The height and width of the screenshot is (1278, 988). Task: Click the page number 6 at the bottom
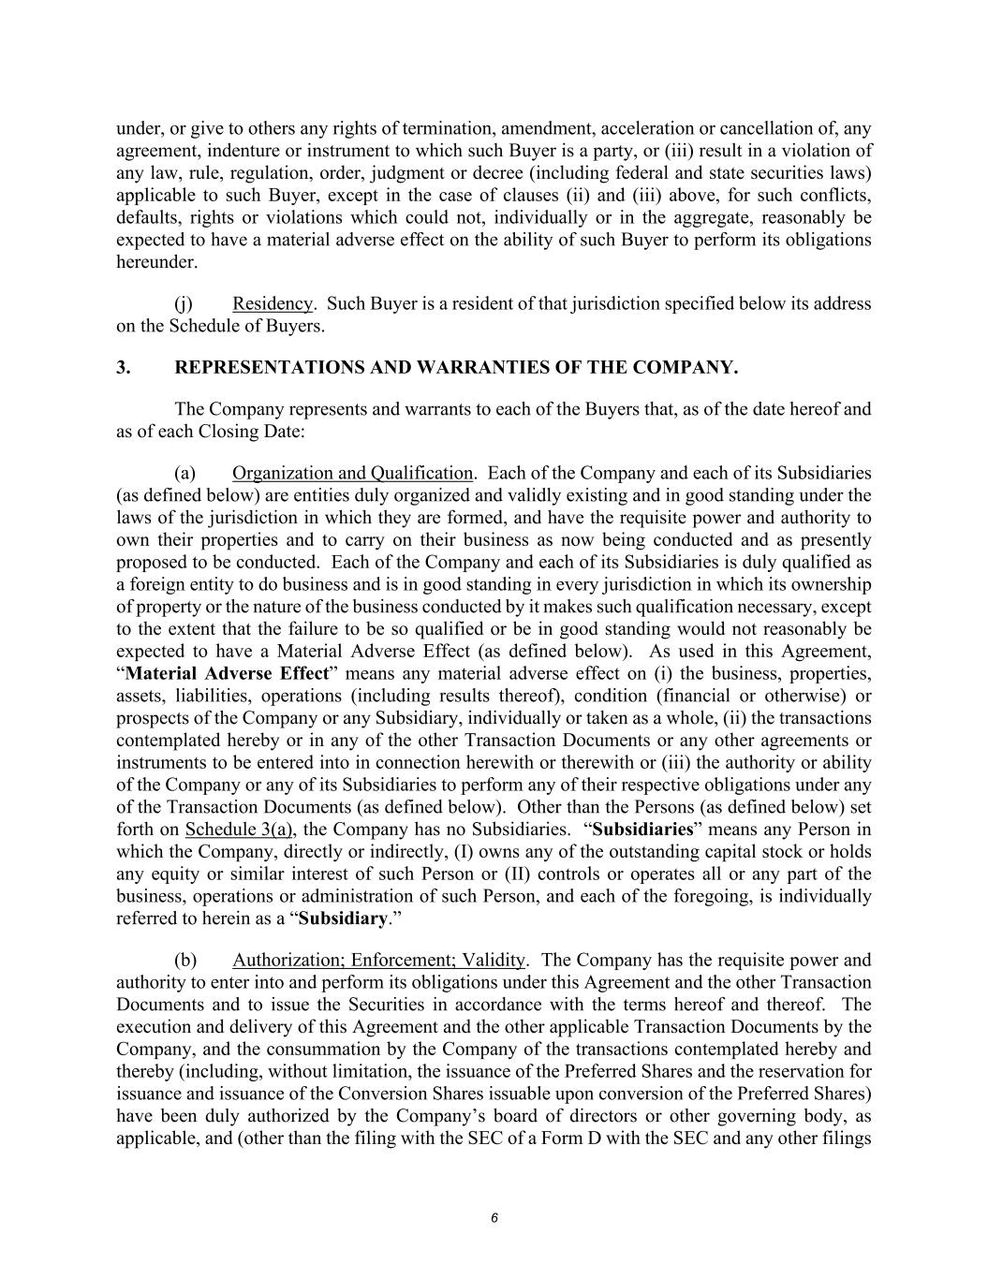[x=494, y=1218]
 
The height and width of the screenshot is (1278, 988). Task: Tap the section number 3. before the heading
[x=123, y=368]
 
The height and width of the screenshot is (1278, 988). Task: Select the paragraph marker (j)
[x=184, y=304]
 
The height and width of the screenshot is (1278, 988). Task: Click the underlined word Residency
[x=272, y=304]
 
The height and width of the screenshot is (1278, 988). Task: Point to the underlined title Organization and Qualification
[x=352, y=473]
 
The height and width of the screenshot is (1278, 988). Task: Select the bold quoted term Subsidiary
[x=342, y=918]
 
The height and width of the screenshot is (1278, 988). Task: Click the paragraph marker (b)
[x=185, y=960]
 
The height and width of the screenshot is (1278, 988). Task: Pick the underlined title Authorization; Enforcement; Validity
[x=378, y=960]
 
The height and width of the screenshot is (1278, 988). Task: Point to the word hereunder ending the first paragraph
[x=156, y=262]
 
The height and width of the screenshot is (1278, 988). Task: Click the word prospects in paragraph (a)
[x=155, y=718]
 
